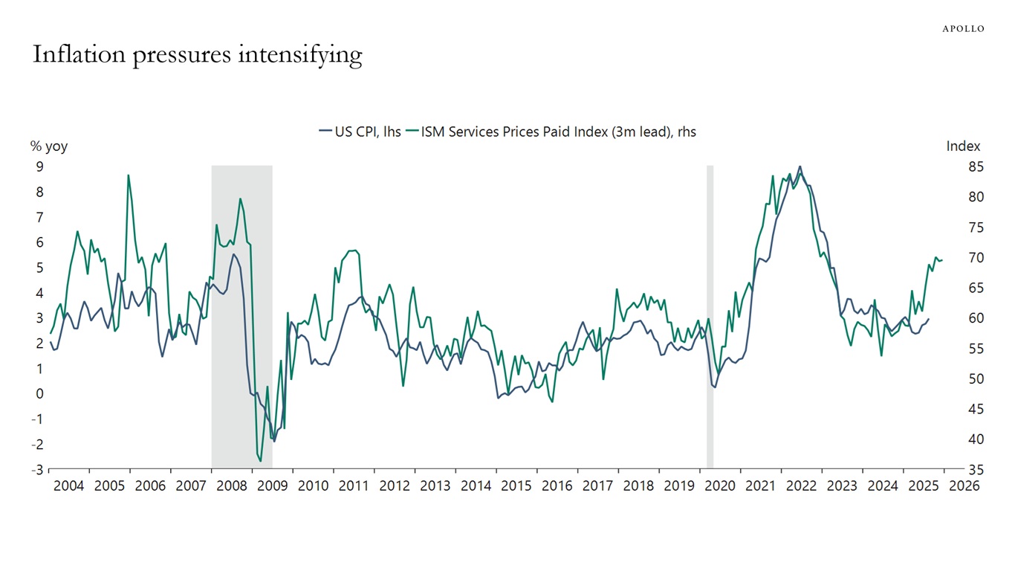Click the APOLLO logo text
click(963, 28)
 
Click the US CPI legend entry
click(360, 132)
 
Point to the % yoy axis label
click(48, 146)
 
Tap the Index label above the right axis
click(963, 146)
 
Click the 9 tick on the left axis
click(40, 167)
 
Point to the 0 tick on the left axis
click(40, 394)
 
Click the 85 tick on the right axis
click(955, 167)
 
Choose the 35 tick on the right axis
click(955, 470)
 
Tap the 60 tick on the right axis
click(955, 318)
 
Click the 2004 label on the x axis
click(69, 486)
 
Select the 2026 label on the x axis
click(964, 486)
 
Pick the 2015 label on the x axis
click(516, 486)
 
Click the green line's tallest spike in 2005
click(129, 175)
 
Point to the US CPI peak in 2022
click(800, 167)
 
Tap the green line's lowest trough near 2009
click(260, 461)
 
